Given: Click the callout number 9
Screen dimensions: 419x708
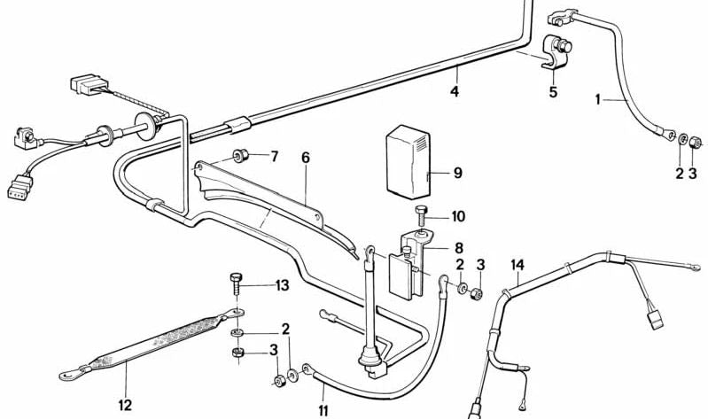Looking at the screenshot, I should (458, 174).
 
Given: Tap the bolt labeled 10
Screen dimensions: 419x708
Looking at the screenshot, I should (421, 213).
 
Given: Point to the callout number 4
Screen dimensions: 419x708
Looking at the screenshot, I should (454, 92).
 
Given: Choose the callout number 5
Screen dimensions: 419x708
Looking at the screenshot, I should (553, 91).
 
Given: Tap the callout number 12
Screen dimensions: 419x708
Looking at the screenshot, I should (124, 405).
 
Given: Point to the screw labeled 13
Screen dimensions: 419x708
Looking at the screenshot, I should (236, 284).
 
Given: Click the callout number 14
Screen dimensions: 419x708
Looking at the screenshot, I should (517, 264).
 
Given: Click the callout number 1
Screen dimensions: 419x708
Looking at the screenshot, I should (598, 100).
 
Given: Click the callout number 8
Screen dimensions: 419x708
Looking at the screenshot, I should (459, 248).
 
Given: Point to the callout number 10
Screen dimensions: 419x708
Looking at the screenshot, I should (457, 216).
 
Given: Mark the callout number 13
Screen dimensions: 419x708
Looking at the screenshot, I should (281, 285).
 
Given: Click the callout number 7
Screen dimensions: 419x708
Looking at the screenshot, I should (274, 157).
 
